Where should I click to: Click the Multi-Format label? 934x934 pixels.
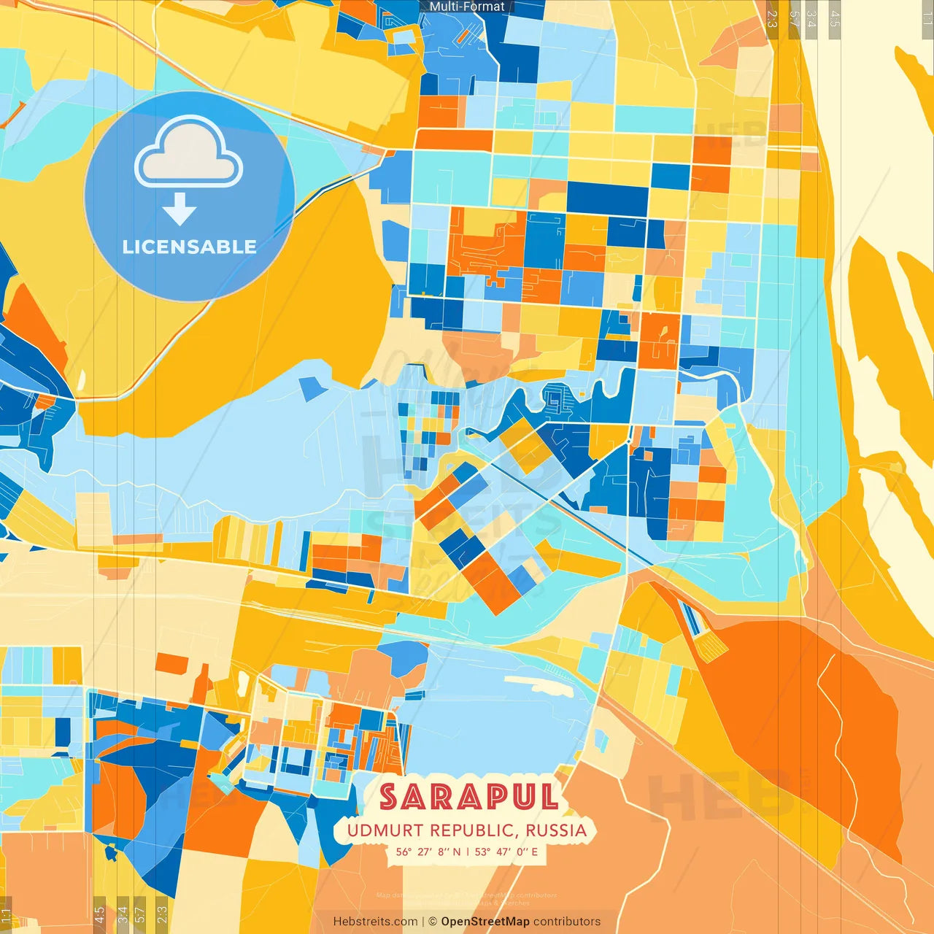467,7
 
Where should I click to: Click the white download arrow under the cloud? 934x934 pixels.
180,210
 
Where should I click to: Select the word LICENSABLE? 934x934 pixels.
190,247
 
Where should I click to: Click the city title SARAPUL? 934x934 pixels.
468,797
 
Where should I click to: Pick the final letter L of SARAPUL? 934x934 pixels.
548,797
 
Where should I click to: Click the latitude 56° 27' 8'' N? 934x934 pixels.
428,852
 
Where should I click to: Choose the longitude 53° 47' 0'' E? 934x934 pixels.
506,852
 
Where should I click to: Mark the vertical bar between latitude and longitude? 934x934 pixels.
467,852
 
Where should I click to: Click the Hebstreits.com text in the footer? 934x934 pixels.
375,922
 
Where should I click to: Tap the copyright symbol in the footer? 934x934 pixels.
432,922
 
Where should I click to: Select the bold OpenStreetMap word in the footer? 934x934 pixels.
485,922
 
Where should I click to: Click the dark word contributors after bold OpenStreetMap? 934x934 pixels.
567,922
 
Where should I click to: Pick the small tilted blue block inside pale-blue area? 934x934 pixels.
313,388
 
